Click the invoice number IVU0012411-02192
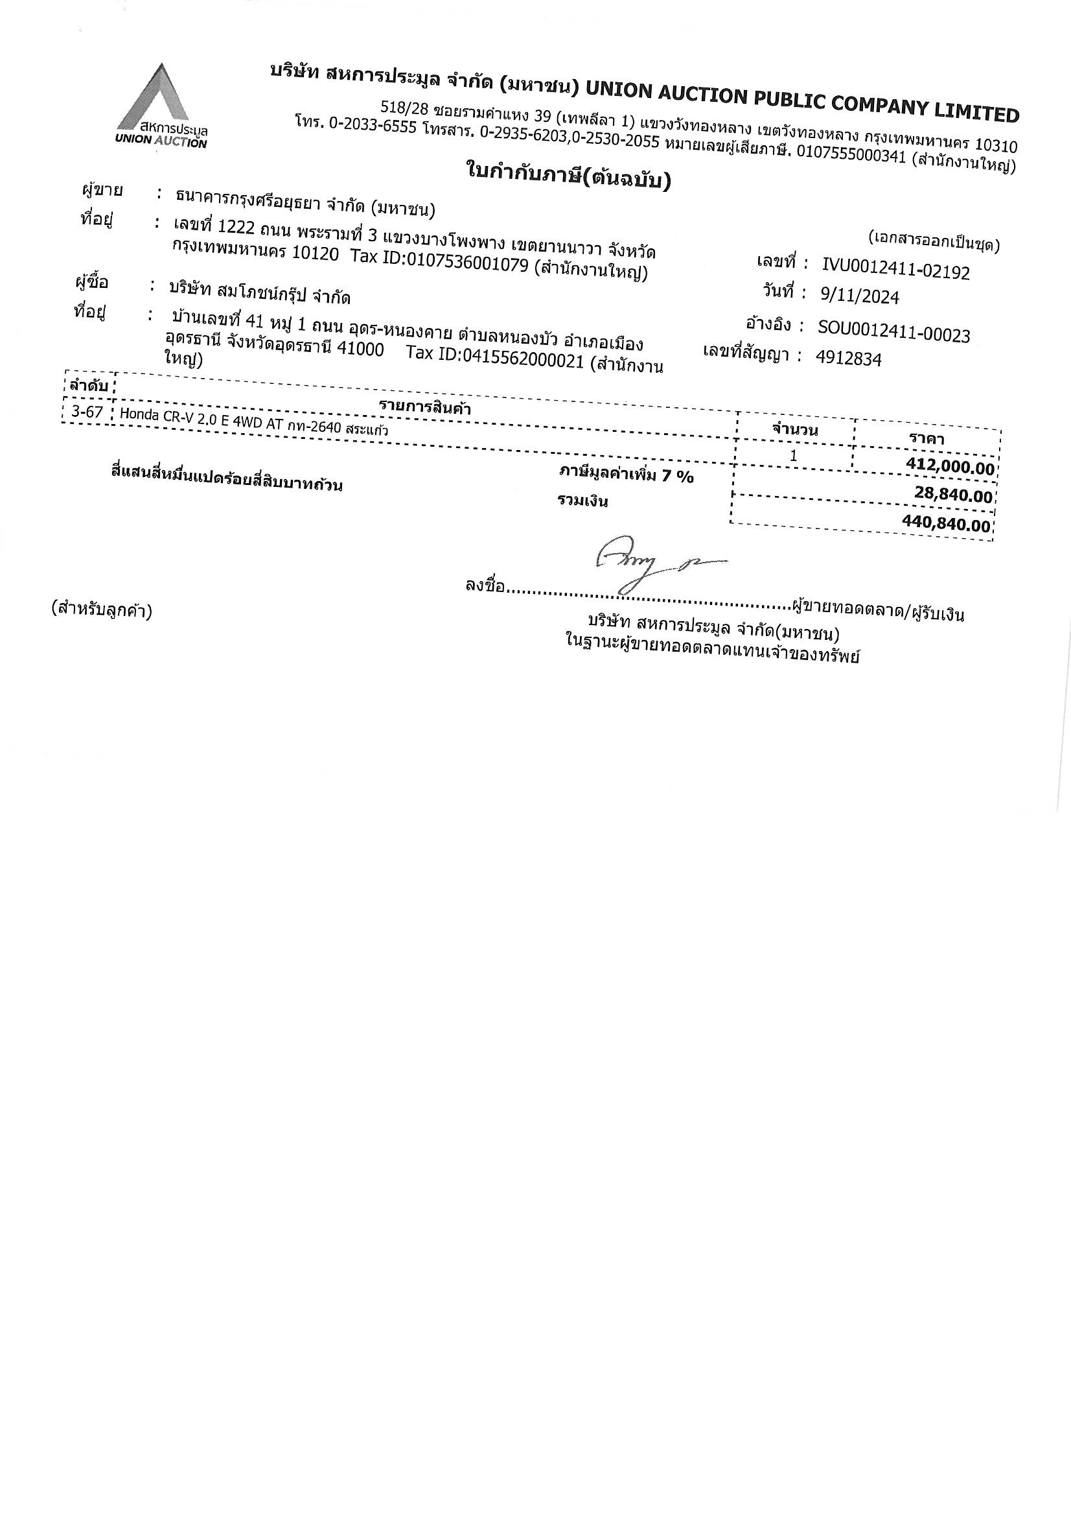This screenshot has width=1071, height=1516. tap(895, 268)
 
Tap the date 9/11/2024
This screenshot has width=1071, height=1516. tap(859, 296)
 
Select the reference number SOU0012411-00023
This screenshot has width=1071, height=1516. tap(893, 331)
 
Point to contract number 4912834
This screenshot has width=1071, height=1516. tap(848, 359)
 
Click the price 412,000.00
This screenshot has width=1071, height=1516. tap(950, 468)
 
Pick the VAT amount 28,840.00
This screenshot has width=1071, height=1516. tap(953, 495)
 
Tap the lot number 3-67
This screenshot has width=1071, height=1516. tap(87, 412)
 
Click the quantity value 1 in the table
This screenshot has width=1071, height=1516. tap(793, 456)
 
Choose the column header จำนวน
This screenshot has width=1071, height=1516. tap(794, 430)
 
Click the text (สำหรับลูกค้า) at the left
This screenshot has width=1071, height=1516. tap(101, 610)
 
